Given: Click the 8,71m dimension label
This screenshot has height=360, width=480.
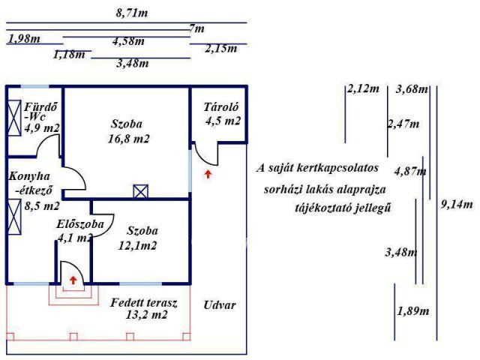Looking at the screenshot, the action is click(x=132, y=13).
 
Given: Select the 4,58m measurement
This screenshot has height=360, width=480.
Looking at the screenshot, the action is click(x=128, y=41).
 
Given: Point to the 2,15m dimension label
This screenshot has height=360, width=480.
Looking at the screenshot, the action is click(x=221, y=48).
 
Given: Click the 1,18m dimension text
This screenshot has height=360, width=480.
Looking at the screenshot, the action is click(x=69, y=55).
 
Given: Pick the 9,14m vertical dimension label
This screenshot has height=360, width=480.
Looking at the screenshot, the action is click(x=457, y=205).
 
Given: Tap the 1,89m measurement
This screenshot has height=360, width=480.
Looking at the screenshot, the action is click(x=413, y=311).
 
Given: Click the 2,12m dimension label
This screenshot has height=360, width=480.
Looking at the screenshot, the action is click(x=363, y=88).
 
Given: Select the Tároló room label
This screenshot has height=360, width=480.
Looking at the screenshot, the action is click(x=221, y=107).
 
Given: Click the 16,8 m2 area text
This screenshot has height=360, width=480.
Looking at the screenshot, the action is click(x=128, y=139).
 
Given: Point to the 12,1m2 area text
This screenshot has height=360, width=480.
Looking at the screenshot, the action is click(x=137, y=245).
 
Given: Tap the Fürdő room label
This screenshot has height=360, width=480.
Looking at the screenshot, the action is click(x=40, y=106).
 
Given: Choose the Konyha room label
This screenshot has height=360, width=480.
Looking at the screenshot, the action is click(x=29, y=176).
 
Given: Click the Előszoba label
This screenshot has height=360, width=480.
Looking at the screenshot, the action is click(x=80, y=224).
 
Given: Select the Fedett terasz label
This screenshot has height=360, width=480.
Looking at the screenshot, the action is click(x=144, y=303).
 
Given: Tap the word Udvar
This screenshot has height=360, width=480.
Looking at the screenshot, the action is click(x=220, y=305).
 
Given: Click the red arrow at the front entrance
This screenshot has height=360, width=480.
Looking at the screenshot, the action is click(x=73, y=280).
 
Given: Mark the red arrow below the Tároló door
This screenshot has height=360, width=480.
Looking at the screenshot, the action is click(x=208, y=174).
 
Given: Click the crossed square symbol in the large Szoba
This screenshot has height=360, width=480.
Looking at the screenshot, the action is click(x=141, y=192).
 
